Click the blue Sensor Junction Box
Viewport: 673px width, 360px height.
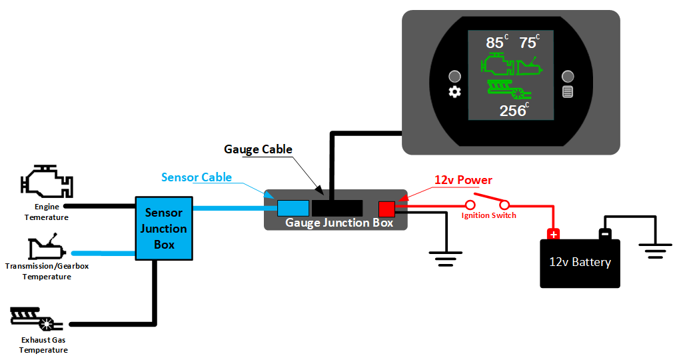click(164, 229)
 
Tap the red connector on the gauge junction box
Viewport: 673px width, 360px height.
click(386, 209)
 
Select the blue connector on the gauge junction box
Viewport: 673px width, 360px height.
click(293, 208)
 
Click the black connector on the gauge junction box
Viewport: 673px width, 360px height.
click(337, 208)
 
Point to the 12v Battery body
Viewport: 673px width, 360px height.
click(580, 264)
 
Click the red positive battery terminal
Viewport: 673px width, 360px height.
click(552, 234)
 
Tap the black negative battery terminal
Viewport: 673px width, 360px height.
click(604, 234)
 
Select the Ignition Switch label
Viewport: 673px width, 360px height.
click(488, 215)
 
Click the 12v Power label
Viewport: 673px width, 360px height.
click(463, 180)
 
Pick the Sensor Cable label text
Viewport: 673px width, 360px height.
click(197, 177)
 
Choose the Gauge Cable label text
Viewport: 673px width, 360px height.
click(258, 149)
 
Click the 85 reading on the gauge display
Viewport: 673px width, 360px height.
click(495, 43)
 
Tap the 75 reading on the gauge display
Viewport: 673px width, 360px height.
click(528, 43)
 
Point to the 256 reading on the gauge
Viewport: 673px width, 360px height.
click(512, 111)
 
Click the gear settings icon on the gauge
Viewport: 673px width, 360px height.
click(455, 92)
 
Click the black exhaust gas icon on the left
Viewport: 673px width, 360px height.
click(37, 320)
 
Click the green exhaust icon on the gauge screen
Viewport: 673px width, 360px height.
click(508, 88)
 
